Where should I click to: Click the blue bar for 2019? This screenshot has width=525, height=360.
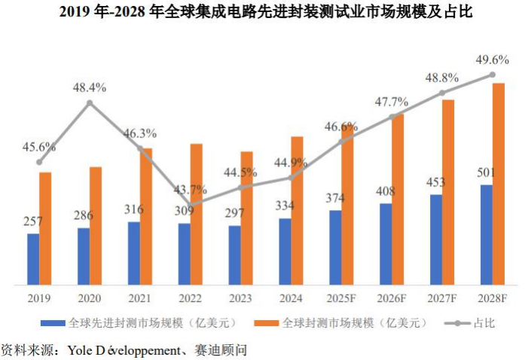point(33,259)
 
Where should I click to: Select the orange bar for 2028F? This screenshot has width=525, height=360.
point(498,184)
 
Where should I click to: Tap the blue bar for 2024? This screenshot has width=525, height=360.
point(285,252)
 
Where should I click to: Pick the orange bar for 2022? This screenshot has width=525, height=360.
point(196,214)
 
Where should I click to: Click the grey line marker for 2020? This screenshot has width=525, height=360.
point(90,102)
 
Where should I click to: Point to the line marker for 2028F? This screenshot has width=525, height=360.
point(492,75)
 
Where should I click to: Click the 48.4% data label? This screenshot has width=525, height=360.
point(90,88)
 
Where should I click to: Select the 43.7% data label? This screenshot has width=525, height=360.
point(191,189)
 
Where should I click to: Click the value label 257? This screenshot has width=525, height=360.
point(33,221)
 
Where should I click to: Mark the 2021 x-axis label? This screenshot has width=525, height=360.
point(139,297)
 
